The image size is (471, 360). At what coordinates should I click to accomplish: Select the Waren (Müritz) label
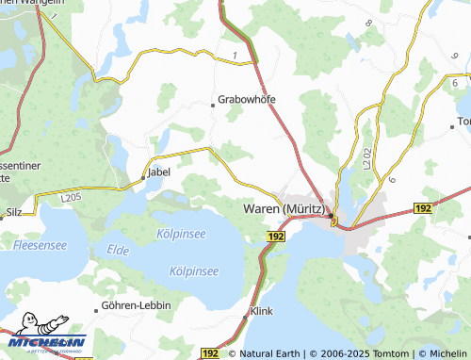pyautogui.click(x=284, y=208)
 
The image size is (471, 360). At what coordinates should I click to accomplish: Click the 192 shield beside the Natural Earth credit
pyautogui.click(x=209, y=353)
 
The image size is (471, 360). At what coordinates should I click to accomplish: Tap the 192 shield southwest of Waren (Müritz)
pyautogui.click(x=274, y=236)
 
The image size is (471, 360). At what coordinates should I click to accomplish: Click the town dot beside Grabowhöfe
pyautogui.click(x=213, y=106)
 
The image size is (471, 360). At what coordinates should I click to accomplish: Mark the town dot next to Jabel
pyautogui.click(x=143, y=175)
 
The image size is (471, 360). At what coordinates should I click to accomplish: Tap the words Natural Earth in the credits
pyautogui.click(x=270, y=354)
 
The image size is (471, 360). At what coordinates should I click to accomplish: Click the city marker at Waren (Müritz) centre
pyautogui.click(x=333, y=221)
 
